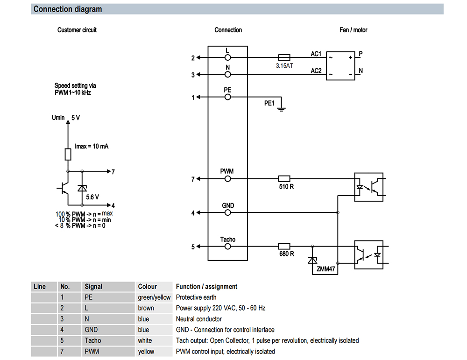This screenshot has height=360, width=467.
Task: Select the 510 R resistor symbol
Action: click(x=284, y=178)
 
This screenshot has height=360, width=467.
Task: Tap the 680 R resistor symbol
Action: click(x=284, y=246)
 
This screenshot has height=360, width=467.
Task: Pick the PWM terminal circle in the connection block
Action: click(x=228, y=178)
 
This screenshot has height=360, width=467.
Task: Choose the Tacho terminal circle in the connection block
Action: click(x=228, y=247)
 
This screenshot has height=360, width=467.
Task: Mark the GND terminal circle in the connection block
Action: click(x=228, y=212)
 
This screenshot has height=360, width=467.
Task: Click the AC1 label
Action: click(x=316, y=54)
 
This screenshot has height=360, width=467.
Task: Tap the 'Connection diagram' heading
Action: click(x=68, y=9)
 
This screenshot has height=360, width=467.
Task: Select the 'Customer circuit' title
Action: click(x=77, y=30)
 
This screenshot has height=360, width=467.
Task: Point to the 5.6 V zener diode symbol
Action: click(x=82, y=188)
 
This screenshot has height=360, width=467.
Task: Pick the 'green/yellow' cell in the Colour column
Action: click(x=154, y=297)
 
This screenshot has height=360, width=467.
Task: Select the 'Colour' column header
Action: click(x=148, y=287)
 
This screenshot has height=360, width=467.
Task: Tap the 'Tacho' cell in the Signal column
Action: click(x=92, y=340)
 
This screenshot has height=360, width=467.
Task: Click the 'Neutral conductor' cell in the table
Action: click(x=198, y=319)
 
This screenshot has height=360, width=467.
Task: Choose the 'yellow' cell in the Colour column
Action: click(x=146, y=351)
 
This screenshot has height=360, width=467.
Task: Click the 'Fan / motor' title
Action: click(x=353, y=30)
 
